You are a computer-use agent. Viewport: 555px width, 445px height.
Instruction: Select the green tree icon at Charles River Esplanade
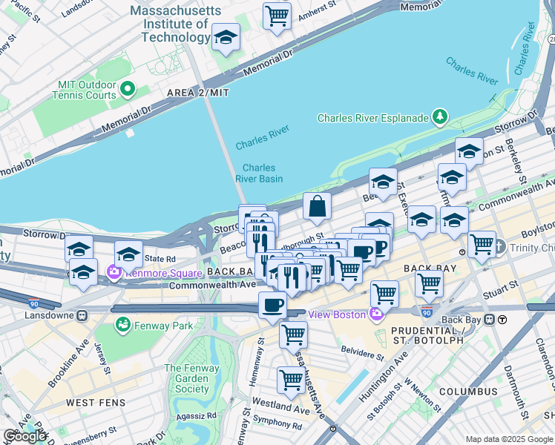(x=440, y=117)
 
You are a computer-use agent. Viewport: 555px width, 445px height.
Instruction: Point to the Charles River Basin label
(x=259, y=174)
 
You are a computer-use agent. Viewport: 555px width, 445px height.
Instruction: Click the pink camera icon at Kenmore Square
(x=114, y=272)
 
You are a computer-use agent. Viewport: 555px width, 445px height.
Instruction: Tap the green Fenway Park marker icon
(x=122, y=325)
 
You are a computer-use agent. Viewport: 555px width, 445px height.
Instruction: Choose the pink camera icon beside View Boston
(x=376, y=314)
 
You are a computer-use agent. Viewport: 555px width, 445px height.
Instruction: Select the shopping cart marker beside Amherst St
(x=277, y=15)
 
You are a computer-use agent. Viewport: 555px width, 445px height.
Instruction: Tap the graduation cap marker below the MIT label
(x=226, y=37)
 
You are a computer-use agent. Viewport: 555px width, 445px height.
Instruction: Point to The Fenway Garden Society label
(x=191, y=378)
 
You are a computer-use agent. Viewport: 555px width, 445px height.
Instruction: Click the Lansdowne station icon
(x=82, y=314)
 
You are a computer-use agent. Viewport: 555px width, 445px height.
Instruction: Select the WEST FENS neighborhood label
(x=91, y=403)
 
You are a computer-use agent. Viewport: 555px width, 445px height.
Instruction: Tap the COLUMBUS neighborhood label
(x=467, y=392)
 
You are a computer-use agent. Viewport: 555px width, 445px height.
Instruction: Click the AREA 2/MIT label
(x=198, y=93)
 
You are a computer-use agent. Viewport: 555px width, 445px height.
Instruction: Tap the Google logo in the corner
(x=24, y=436)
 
